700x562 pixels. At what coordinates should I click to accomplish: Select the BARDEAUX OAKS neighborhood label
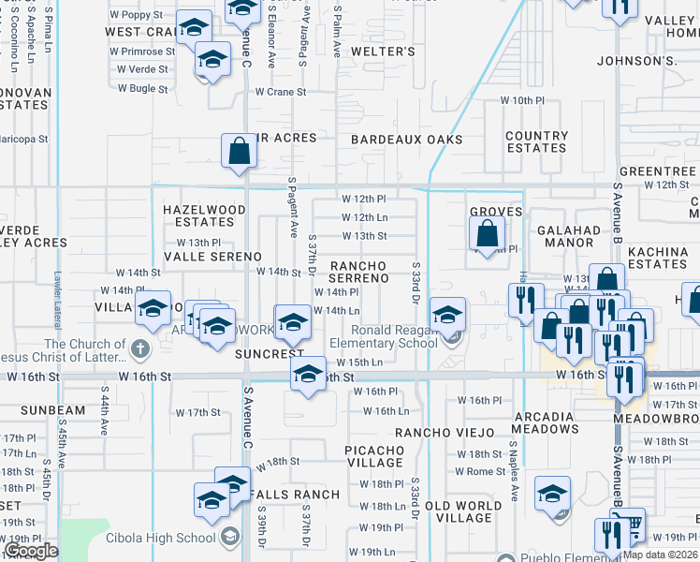pos(406,140)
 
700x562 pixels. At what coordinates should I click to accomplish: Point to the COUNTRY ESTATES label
pos(536,141)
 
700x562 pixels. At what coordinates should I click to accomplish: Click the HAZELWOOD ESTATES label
pos(204,215)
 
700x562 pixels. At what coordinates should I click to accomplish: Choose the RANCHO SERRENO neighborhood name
pos(357,272)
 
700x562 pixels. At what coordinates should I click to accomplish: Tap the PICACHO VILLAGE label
pos(374,456)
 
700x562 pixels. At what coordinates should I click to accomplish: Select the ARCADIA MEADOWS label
pos(543,422)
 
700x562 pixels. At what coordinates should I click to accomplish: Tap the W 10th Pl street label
pos(522,100)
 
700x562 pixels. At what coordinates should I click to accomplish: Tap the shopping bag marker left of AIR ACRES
pos(239,150)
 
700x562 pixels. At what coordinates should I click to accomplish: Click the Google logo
pos(31,551)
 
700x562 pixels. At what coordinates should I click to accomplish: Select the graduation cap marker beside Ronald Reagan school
pos(447,314)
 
